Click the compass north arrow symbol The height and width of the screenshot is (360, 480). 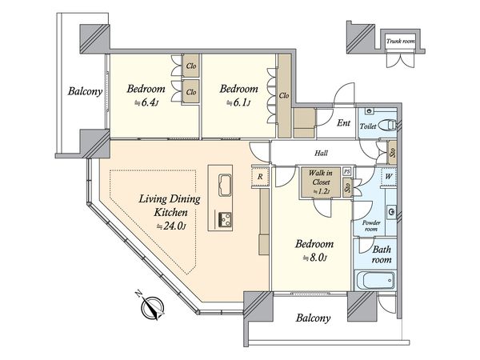[152, 306]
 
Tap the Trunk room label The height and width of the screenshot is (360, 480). [401, 41]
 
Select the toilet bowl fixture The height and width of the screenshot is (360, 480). [387, 126]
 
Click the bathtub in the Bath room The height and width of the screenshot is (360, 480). [375, 280]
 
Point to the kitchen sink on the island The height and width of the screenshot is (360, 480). [225, 185]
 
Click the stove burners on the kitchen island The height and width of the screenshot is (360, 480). [225, 219]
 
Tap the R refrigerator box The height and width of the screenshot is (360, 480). [260, 177]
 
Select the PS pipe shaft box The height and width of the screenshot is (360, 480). [346, 171]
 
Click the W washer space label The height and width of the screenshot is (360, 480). [389, 176]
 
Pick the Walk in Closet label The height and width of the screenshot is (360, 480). [321, 178]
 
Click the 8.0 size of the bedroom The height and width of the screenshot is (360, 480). [315, 258]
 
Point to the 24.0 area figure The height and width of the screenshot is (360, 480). [171, 226]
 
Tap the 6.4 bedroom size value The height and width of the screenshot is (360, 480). [146, 102]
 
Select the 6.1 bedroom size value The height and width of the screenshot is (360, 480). [238, 103]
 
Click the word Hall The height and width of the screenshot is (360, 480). [321, 153]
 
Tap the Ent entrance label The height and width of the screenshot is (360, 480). [343, 123]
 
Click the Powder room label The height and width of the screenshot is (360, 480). [371, 226]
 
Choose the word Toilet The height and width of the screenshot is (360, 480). [368, 126]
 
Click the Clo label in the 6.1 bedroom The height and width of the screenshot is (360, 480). [284, 96]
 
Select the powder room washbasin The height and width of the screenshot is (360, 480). [391, 211]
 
